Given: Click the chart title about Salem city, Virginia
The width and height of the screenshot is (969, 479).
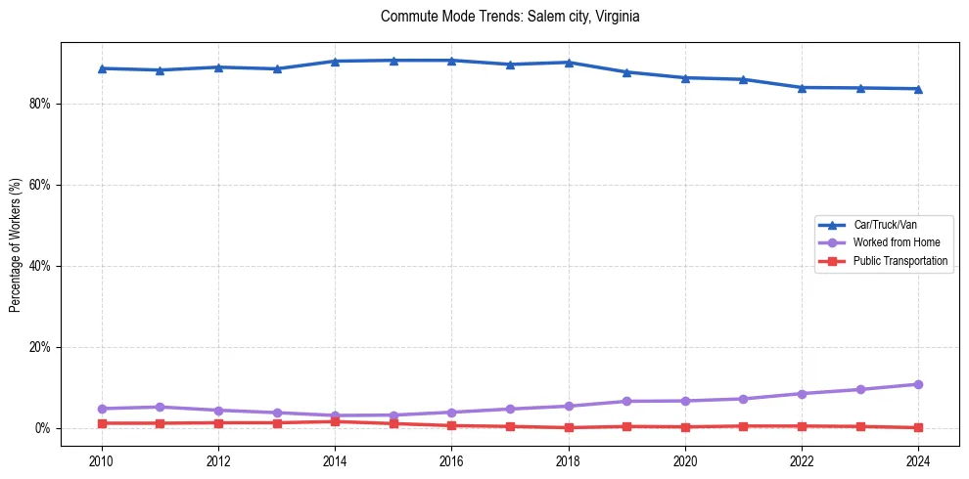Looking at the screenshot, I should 510,17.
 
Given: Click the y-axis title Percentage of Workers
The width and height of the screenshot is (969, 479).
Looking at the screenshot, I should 15,244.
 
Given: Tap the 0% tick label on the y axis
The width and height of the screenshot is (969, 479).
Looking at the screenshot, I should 41,428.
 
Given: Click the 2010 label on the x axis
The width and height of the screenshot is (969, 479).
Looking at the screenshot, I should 102,460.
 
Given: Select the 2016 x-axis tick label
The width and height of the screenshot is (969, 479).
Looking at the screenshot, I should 451,460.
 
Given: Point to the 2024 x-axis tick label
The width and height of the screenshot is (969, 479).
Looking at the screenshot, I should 918,460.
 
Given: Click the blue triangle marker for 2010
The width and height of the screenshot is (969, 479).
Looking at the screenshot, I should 102,68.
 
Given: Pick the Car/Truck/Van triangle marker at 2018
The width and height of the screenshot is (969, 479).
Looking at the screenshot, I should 569,63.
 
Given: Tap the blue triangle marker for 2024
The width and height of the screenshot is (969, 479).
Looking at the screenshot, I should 918,89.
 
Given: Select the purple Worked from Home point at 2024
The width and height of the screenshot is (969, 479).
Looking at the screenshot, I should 918,384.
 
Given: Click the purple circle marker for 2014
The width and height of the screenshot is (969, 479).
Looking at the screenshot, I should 335,415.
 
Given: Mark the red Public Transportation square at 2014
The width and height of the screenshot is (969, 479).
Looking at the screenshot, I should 335,421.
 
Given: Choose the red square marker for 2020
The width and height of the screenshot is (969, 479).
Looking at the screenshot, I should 685,427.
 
